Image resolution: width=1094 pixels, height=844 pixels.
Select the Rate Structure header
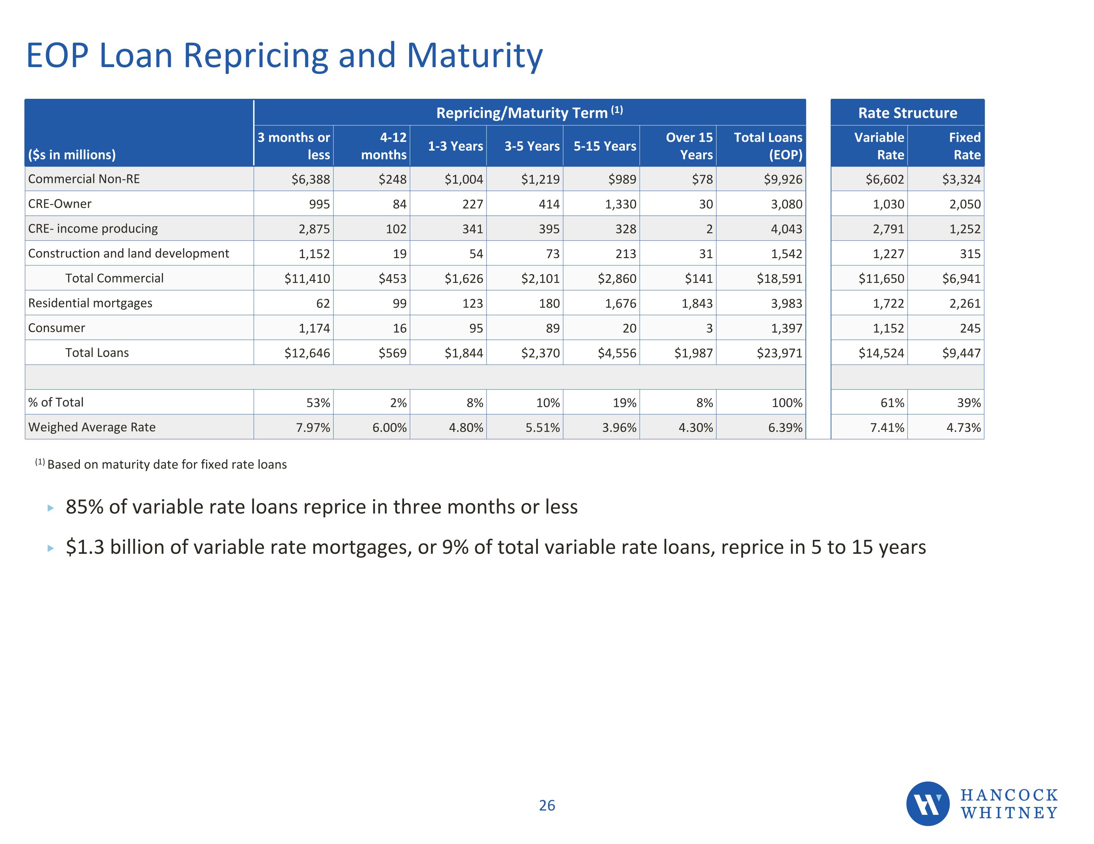point(907,113)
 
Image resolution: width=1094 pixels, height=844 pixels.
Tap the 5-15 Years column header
point(605,146)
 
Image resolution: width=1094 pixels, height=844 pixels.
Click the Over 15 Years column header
point(689,146)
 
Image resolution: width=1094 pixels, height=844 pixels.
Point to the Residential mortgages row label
point(90,303)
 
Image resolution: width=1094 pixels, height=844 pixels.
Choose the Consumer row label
point(57,328)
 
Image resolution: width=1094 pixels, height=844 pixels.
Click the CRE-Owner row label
point(59,204)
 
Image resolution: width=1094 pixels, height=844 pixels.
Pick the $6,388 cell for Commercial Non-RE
point(311,179)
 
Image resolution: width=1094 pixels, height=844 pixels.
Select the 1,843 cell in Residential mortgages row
point(697,304)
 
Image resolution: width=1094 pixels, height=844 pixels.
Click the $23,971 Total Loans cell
point(779,353)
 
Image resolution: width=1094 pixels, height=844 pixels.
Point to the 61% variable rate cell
point(892,403)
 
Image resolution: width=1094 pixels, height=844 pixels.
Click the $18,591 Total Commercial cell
point(779,279)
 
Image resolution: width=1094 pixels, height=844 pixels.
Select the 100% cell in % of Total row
point(787,403)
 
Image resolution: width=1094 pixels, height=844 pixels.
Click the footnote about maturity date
point(161,464)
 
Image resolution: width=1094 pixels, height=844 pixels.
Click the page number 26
point(547,805)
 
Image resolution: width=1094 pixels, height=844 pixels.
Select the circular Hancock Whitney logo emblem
point(927,804)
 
